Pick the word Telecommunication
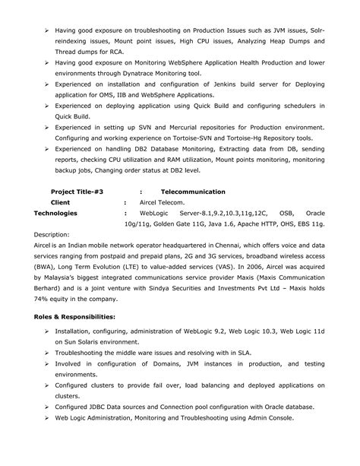tap(193, 192)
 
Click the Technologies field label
tap(55, 214)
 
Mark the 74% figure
tap(43, 300)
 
